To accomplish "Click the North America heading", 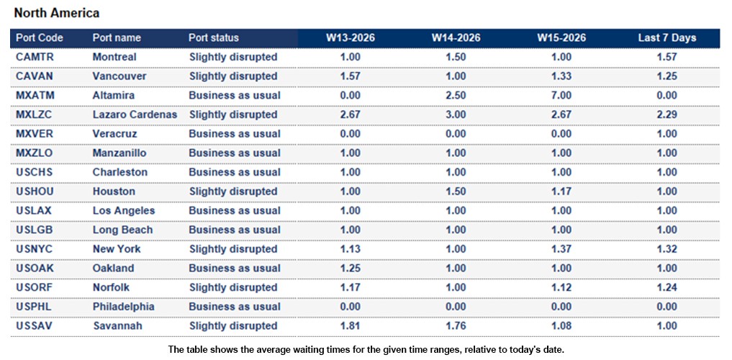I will click(x=57, y=13).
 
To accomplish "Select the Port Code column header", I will click(x=40, y=37).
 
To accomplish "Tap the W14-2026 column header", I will click(x=456, y=37).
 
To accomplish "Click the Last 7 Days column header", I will click(x=667, y=37).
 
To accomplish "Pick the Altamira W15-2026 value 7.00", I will click(x=561, y=95).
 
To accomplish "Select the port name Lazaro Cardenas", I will click(x=135, y=114).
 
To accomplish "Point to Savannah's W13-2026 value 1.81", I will click(x=350, y=325).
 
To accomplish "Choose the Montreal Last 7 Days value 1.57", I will click(x=667, y=57).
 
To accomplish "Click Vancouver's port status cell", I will click(x=233, y=76).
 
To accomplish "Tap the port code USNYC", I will click(x=34, y=249).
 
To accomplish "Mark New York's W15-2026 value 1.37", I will click(x=561, y=249).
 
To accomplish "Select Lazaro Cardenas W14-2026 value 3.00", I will click(x=456, y=114).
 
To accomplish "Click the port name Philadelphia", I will click(x=123, y=307).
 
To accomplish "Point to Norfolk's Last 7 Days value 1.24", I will click(x=667, y=287).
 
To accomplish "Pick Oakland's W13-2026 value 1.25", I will click(x=350, y=268).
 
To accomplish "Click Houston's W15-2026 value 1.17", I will click(x=561, y=192).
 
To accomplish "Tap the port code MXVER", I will click(x=35, y=134).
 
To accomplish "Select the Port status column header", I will click(x=214, y=37).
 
